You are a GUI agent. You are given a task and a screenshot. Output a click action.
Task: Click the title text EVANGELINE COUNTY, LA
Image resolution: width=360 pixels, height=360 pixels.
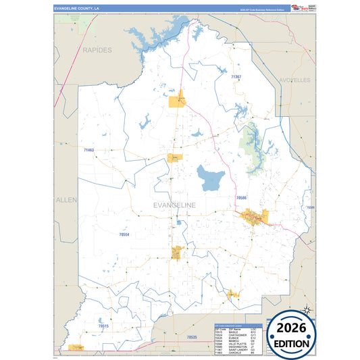(76, 7)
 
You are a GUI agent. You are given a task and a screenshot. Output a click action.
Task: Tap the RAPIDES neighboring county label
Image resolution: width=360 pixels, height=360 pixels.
(97, 50)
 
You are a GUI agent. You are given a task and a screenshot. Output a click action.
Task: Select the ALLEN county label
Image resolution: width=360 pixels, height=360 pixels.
(66, 200)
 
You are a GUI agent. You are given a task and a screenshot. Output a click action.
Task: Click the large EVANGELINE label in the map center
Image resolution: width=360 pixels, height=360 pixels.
(174, 205)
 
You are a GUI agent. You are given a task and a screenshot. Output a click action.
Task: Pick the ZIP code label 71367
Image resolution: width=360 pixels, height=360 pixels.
(236, 78)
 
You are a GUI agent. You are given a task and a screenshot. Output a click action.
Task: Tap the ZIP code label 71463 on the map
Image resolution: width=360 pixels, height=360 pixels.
(88, 150)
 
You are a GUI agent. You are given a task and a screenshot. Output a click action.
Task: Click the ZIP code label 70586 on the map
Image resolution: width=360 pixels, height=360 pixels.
(242, 197)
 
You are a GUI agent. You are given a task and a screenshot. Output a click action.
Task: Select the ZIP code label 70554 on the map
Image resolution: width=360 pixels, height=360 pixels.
(124, 234)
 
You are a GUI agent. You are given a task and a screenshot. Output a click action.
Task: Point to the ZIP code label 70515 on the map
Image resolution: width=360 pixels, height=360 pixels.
(103, 326)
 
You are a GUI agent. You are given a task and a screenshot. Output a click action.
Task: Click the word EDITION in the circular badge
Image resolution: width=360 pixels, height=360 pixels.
(292, 343)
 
